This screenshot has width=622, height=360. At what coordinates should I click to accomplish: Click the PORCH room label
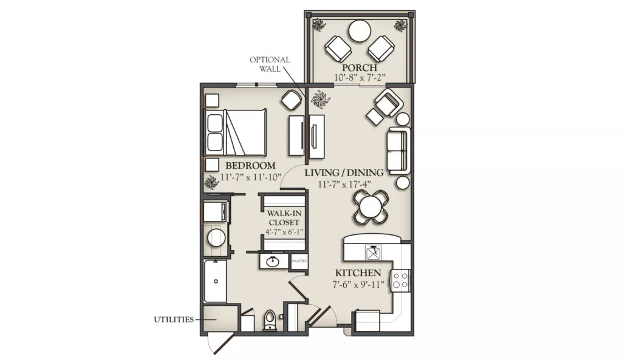point(360,67)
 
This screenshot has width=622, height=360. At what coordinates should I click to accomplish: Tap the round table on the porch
point(360,31)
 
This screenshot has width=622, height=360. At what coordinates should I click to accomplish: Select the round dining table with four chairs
point(371,206)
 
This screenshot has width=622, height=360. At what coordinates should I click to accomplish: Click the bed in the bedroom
point(235,132)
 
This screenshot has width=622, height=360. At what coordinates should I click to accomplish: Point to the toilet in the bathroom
point(269,320)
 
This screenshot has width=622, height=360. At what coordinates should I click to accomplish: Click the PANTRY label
point(299,261)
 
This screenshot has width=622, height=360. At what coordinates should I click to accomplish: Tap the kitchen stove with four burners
point(400,280)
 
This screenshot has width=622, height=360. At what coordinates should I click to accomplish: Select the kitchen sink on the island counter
point(374,252)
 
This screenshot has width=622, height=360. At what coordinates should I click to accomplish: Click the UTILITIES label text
point(174,319)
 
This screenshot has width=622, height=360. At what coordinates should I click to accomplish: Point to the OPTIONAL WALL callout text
point(270,64)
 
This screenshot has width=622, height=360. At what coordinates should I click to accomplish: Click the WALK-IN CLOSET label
point(284,218)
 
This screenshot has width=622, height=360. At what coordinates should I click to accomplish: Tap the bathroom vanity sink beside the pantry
point(273,262)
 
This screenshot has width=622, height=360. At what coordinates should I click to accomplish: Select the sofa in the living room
point(398,151)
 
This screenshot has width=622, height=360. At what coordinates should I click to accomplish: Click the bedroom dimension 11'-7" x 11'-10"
point(251,177)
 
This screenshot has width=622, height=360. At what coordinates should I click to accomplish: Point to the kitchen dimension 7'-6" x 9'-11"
point(358,284)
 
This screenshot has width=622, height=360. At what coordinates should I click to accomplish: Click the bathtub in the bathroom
point(216,281)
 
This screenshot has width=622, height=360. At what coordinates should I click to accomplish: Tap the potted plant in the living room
point(320,99)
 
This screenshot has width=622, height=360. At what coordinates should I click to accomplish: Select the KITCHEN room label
point(358,273)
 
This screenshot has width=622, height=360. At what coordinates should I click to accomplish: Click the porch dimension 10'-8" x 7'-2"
point(360,77)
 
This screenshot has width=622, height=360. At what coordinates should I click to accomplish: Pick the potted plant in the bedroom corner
point(211,182)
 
